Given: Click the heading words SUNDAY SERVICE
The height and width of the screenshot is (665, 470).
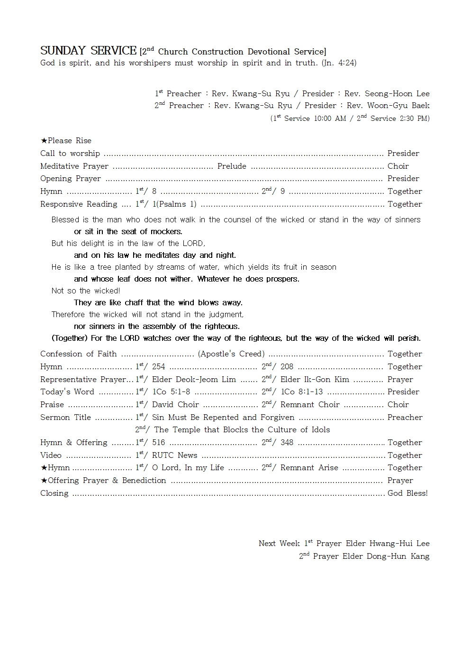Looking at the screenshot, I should pyautogui.click(x=88, y=51).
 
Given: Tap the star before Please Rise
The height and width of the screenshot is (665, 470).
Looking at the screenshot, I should pyautogui.click(x=44, y=140).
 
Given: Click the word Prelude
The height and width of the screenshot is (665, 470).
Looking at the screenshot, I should pyautogui.click(x=232, y=166).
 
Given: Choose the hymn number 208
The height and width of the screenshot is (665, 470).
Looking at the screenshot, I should pyautogui.click(x=287, y=366).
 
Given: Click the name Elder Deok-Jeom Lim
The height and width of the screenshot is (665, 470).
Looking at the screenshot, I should pyautogui.click(x=194, y=379).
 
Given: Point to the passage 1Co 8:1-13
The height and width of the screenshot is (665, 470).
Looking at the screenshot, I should pyautogui.click(x=301, y=392).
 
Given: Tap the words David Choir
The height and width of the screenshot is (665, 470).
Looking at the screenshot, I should pyautogui.click(x=175, y=404).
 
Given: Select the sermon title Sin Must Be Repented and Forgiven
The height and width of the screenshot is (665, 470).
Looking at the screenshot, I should pyautogui.click(x=223, y=417).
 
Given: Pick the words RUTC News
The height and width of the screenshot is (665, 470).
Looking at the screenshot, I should pyautogui.click(x=174, y=455).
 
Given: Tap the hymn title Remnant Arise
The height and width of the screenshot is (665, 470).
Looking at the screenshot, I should pyautogui.click(x=309, y=467).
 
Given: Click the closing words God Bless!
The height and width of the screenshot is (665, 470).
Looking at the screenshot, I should pyautogui.click(x=407, y=493).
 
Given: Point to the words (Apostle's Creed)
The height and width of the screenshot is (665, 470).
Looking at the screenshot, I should pyautogui.click(x=231, y=354).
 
